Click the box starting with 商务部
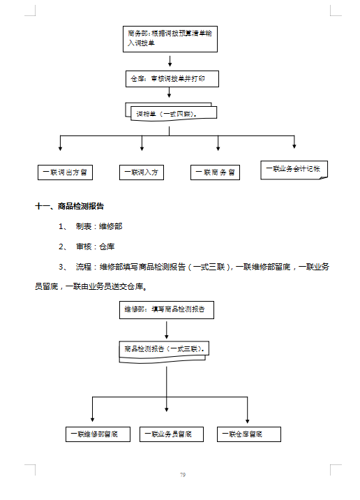[x=170, y=38]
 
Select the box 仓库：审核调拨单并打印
[x=172, y=78]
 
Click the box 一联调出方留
[x=66, y=172]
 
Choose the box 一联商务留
[x=215, y=172]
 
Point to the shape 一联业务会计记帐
[x=293, y=170]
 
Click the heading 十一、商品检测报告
[x=70, y=206]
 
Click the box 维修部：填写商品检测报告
[x=166, y=309]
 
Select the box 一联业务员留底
[x=171, y=434]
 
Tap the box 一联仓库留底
[x=248, y=434]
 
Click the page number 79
[x=182, y=476]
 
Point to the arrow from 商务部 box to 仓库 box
[x=170, y=61]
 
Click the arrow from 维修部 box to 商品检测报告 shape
[x=166, y=329]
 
